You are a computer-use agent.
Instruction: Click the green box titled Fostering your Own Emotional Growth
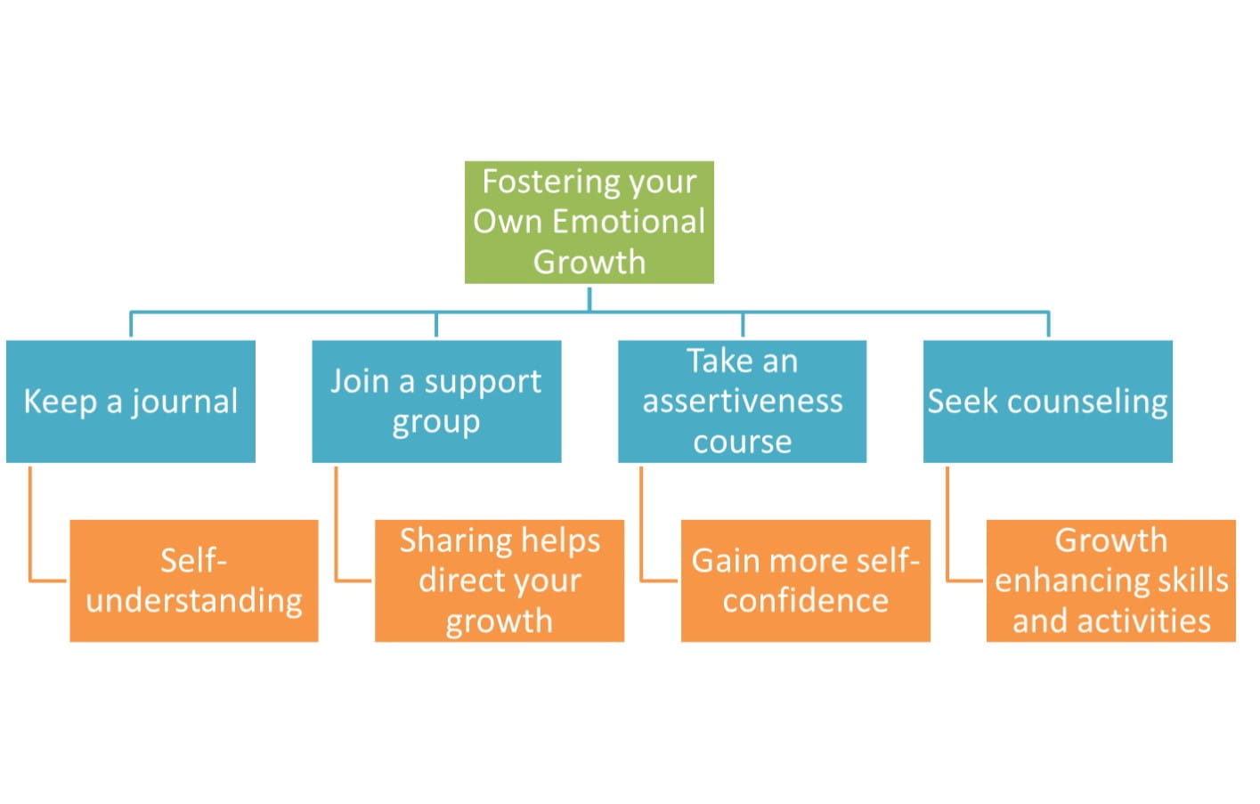click(x=589, y=223)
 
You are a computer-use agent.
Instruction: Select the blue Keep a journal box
click(x=131, y=402)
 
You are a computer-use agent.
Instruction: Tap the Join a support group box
click(x=436, y=402)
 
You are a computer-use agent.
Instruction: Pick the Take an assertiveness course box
click(x=742, y=402)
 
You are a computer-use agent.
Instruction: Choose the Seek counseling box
click(x=1048, y=402)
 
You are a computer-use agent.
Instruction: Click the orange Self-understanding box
click(x=194, y=581)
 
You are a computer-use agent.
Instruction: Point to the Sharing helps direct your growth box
click(x=500, y=581)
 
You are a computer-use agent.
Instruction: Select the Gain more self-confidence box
click(x=806, y=581)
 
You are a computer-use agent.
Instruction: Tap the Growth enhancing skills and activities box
click(x=1111, y=581)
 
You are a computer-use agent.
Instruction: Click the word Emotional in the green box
click(x=629, y=221)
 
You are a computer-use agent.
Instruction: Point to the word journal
click(x=184, y=402)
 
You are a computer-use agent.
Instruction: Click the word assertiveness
click(x=743, y=402)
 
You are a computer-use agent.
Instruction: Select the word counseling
click(x=1088, y=402)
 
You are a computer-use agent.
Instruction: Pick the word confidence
click(x=806, y=600)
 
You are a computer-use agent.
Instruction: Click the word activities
click(x=1143, y=621)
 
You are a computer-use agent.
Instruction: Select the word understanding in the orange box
click(x=194, y=602)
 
